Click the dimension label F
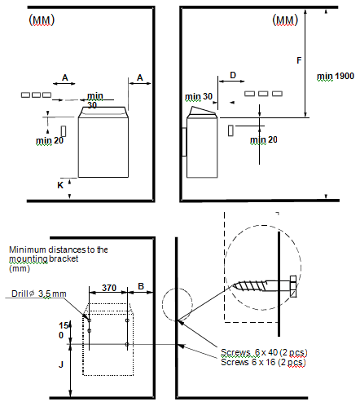click(299, 60)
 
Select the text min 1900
click(336, 77)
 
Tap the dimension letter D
click(233, 75)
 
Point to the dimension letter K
click(60, 185)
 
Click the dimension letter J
click(61, 364)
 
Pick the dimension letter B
click(141, 286)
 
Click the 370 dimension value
click(109, 288)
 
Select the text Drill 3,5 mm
click(39, 293)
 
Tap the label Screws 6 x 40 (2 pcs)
click(264, 352)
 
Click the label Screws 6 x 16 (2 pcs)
click(263, 362)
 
